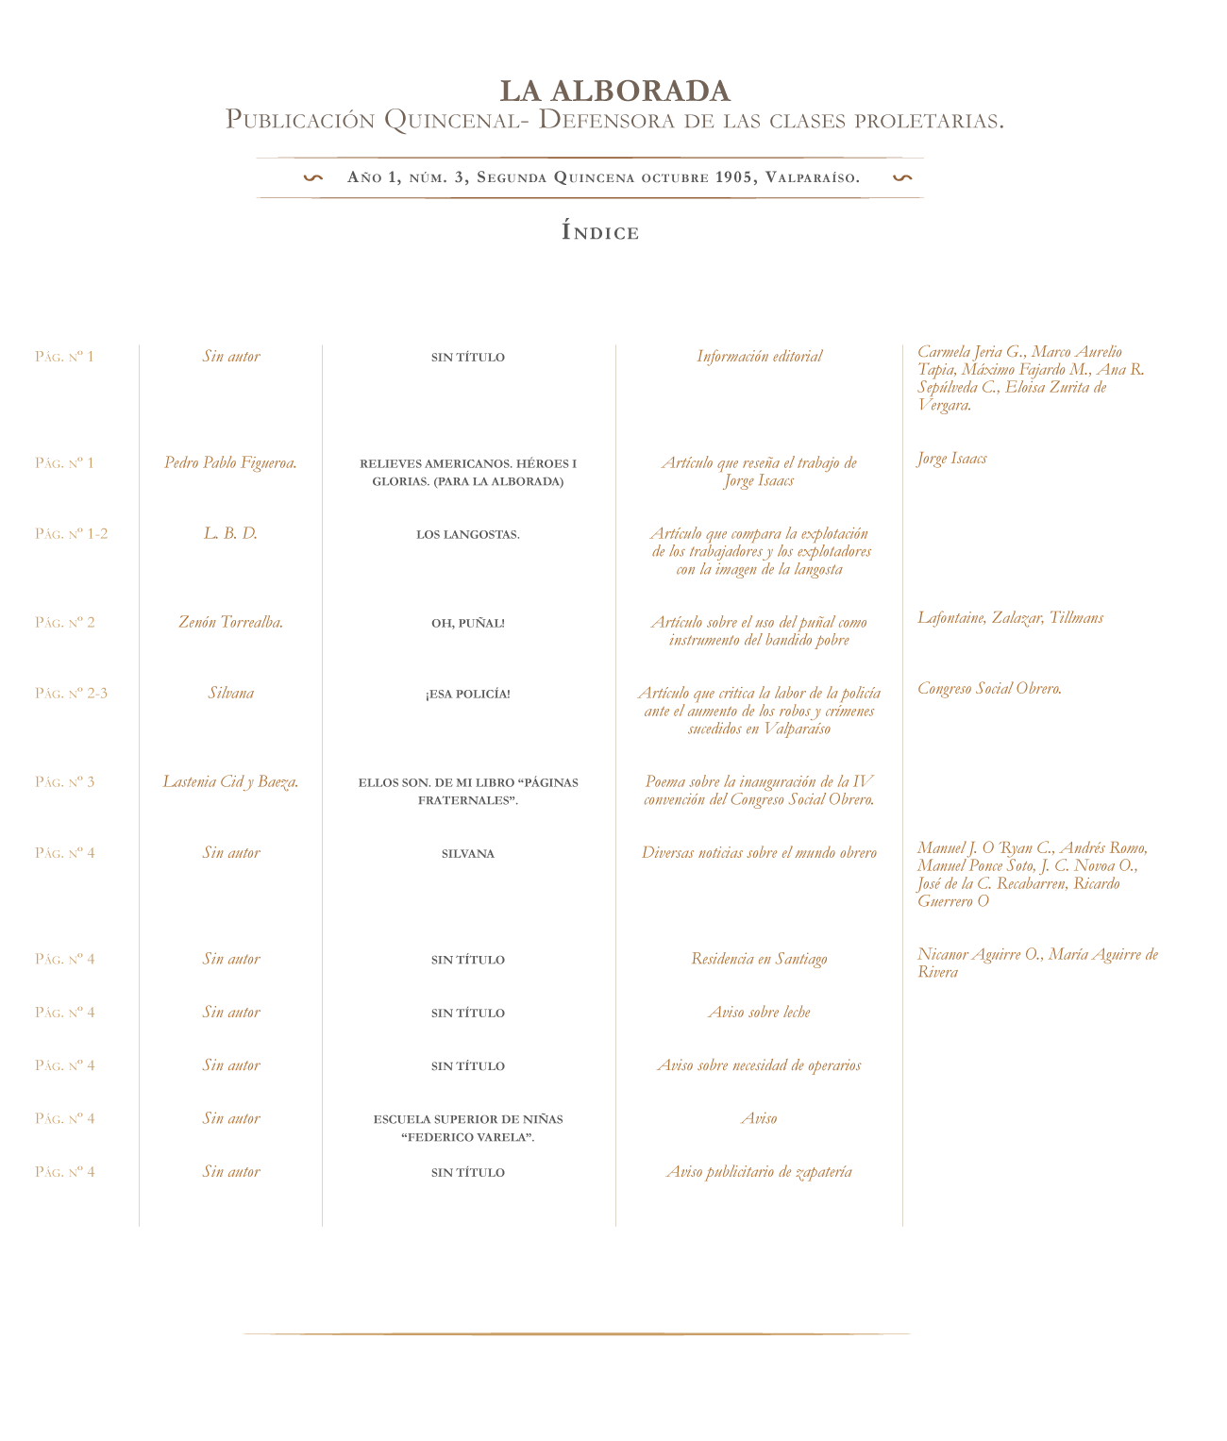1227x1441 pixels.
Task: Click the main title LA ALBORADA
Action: pos(614,91)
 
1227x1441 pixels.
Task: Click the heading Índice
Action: pos(600,232)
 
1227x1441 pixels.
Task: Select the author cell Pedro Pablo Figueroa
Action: pos(230,462)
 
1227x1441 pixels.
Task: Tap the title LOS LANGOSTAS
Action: pos(467,534)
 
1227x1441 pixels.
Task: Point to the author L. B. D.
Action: pos(230,533)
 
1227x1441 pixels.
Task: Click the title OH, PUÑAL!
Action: pos(467,623)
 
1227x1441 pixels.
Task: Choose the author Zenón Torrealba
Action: pos(230,622)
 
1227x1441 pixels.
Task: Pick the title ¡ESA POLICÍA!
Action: pos(467,694)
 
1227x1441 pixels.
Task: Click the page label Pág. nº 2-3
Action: pos(71,693)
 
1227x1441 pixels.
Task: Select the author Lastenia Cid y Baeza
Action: pos(230,781)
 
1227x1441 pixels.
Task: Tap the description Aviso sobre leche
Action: pos(759,1012)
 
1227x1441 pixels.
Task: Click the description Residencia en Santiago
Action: pos(759,959)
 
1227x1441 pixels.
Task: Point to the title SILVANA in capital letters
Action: pos(467,853)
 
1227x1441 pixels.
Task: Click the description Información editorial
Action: pos(759,356)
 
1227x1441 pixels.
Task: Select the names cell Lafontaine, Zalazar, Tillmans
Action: pos(1010,617)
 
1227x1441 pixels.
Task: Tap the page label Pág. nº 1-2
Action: pos(71,533)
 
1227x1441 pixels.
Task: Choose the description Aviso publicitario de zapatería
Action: pos(759,1171)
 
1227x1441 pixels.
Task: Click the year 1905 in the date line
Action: pos(735,177)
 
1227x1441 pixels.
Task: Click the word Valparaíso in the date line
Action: pos(812,177)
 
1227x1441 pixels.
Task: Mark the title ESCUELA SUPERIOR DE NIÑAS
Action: pos(467,1118)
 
